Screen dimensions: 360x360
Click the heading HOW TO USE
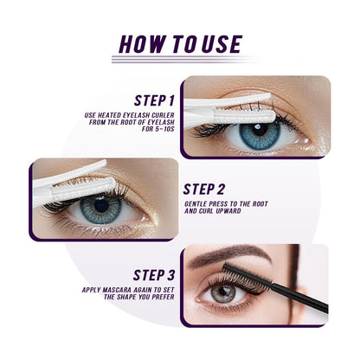pos(179,43)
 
